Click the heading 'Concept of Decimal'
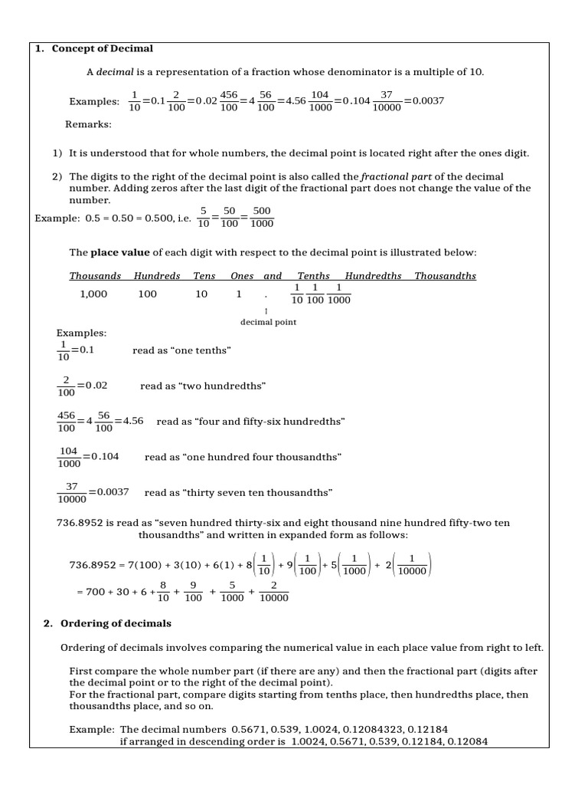(x=102, y=48)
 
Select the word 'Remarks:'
(x=88, y=123)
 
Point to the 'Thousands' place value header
(x=95, y=276)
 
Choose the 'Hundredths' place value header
(x=373, y=276)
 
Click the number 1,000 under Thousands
(x=94, y=294)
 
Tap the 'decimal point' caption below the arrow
(x=268, y=322)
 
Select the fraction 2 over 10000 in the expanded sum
(x=273, y=591)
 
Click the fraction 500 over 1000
(x=261, y=217)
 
